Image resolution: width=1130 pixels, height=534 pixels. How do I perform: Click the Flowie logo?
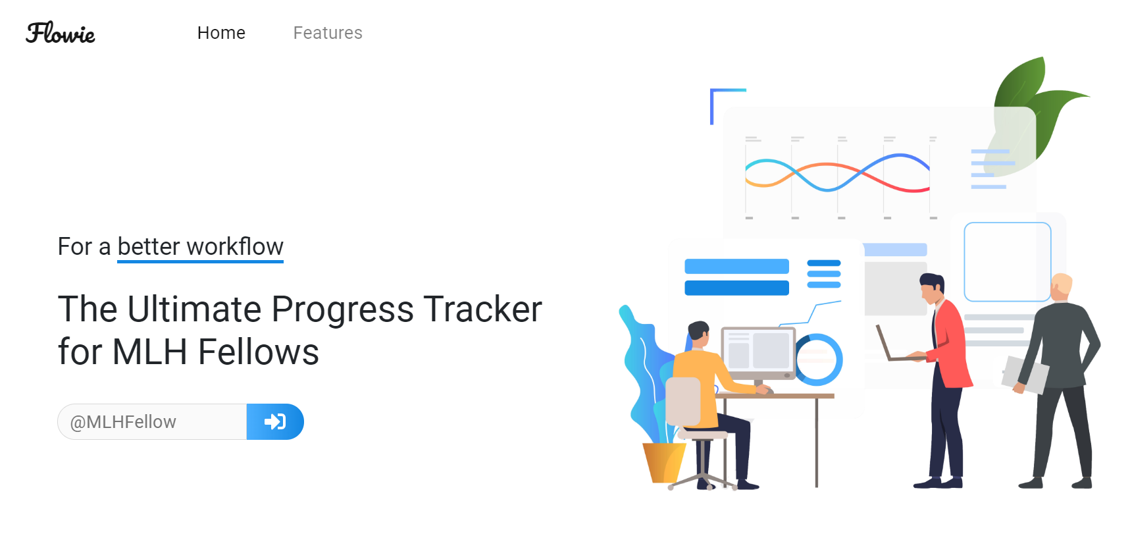pos(61,33)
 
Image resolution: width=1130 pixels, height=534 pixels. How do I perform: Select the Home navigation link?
pos(221,33)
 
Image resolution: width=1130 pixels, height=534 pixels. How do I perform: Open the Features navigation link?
pos(328,33)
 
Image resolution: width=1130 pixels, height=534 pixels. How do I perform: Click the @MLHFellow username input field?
pos(152,421)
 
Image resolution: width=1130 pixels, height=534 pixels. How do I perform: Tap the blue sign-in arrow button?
pos(275,421)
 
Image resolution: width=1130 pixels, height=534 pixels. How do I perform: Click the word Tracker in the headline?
pos(482,309)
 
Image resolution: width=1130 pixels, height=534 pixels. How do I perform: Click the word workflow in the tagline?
pos(235,246)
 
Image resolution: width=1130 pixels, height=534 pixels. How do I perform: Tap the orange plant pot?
pos(663,462)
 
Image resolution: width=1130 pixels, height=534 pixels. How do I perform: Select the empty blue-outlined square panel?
pos(1008,262)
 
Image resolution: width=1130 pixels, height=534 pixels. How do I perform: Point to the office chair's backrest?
pos(682,401)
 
